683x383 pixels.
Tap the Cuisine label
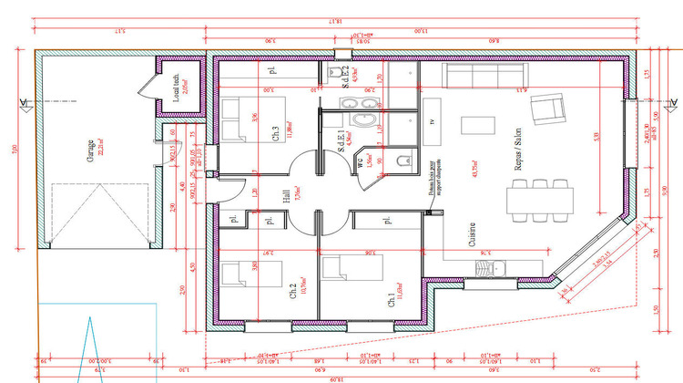[x=473, y=238]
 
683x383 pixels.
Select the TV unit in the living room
[x=432, y=123]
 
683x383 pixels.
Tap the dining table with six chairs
[x=543, y=198]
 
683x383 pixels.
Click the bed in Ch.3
[x=239, y=119]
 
